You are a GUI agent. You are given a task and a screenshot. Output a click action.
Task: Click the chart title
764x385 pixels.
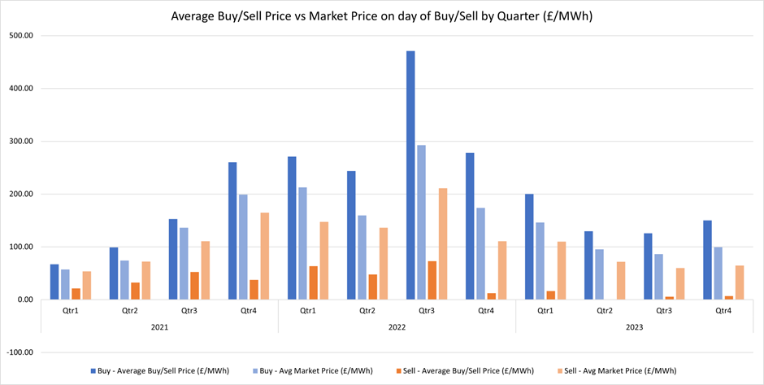click(382, 16)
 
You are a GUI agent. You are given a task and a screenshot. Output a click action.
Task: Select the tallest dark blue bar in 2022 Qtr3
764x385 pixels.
click(410, 175)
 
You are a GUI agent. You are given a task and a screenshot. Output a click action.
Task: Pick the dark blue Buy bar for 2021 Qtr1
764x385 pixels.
click(54, 282)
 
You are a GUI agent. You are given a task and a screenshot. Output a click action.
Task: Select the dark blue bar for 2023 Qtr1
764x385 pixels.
click(529, 247)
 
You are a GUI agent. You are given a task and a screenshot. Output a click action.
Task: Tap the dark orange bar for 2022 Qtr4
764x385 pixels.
click(491, 296)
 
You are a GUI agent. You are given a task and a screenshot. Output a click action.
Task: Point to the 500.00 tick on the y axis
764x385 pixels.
click(24, 36)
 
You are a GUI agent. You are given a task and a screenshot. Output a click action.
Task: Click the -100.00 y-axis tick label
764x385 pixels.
click(23, 352)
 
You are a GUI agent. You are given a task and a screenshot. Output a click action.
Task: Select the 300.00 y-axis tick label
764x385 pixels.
click(24, 142)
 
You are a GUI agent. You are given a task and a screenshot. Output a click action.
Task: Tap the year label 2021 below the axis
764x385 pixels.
click(159, 326)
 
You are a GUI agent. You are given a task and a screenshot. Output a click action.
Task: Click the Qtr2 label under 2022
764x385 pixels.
click(367, 310)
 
